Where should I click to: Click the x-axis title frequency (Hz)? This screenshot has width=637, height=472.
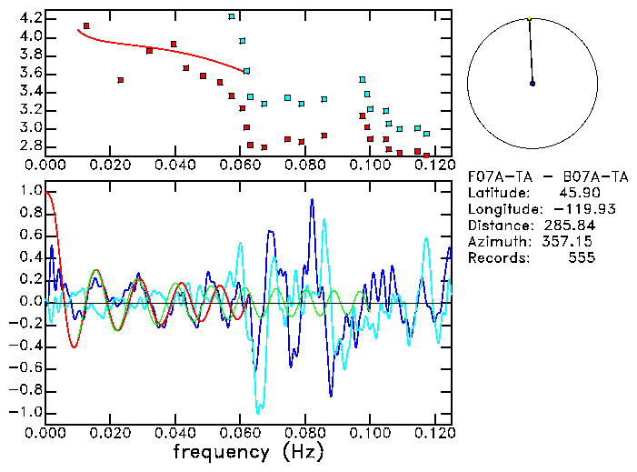click(x=248, y=451)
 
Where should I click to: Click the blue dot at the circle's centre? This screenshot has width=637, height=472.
click(x=532, y=83)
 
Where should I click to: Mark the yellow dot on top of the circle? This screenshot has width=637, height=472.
click(x=529, y=18)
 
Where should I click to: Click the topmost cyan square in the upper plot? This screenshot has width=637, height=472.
click(x=232, y=16)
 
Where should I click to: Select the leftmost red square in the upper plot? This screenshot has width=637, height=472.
click(x=86, y=26)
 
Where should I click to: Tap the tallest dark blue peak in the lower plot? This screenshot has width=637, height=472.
click(x=312, y=200)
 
